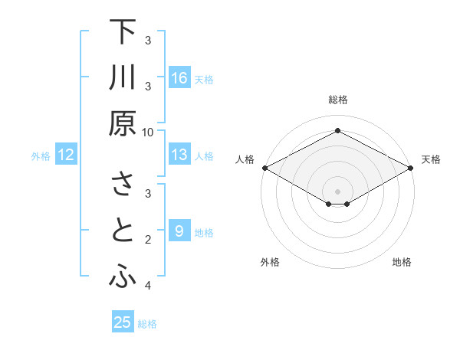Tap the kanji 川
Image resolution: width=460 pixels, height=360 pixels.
tap(123, 79)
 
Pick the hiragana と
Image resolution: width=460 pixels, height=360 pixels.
tap(123, 232)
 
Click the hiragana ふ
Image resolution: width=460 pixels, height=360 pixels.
tap(123, 278)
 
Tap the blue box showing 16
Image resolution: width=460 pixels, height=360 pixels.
tap(179, 78)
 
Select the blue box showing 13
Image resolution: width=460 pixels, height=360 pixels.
tap(179, 155)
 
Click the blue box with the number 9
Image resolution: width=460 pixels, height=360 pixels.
tap(179, 231)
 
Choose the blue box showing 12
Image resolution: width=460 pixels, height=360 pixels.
tap(66, 155)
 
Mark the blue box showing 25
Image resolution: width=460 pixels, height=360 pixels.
tap(123, 322)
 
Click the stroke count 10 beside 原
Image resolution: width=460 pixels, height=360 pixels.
tap(148, 131)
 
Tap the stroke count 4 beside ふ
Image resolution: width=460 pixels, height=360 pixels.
tap(148, 286)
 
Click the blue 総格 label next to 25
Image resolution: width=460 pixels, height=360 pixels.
tap(147, 324)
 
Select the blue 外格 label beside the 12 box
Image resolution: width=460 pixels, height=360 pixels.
tap(41, 156)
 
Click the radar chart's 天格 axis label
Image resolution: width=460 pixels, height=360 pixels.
tap(431, 159)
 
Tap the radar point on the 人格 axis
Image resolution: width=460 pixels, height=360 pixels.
tap(264, 168)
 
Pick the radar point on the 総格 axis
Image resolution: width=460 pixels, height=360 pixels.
tap(337, 130)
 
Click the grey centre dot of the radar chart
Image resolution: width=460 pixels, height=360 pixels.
tap(337, 191)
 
